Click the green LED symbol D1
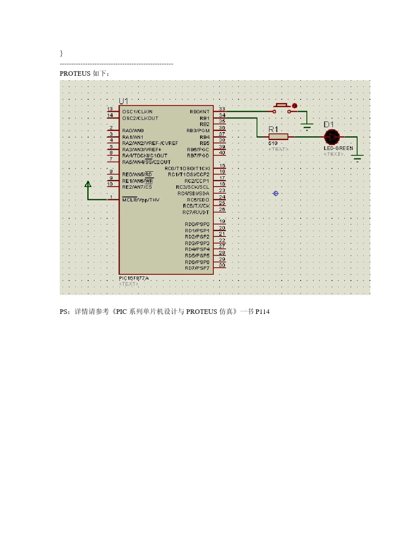click(x=332, y=137)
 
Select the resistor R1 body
click(x=278, y=137)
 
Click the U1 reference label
click(x=123, y=101)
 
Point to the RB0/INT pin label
click(x=200, y=112)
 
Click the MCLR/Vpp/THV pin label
click(x=141, y=200)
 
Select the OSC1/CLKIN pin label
click(x=137, y=112)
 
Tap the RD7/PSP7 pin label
click(x=197, y=268)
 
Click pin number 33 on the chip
click(x=222, y=109)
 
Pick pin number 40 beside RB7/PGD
click(x=222, y=153)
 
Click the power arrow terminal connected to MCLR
click(x=88, y=185)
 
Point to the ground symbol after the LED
click(x=357, y=158)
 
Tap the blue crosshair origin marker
click(x=276, y=193)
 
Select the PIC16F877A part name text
click(x=134, y=278)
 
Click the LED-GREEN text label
click(x=338, y=148)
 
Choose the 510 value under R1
click(x=273, y=143)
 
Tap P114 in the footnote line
click(x=262, y=312)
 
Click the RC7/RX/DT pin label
click(x=195, y=212)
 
